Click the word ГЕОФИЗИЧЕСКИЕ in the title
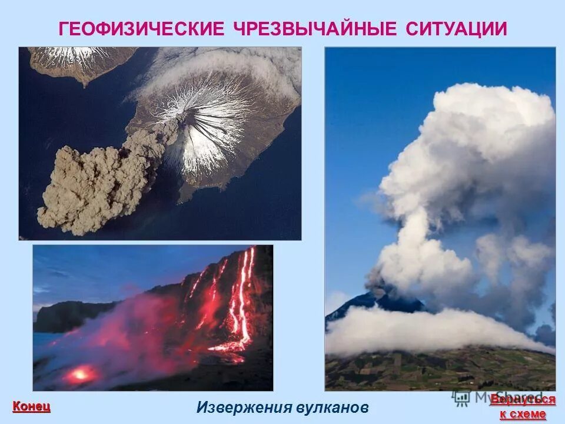point(141,29)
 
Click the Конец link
point(31,406)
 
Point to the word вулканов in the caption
point(334,408)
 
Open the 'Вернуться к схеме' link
point(523,407)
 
